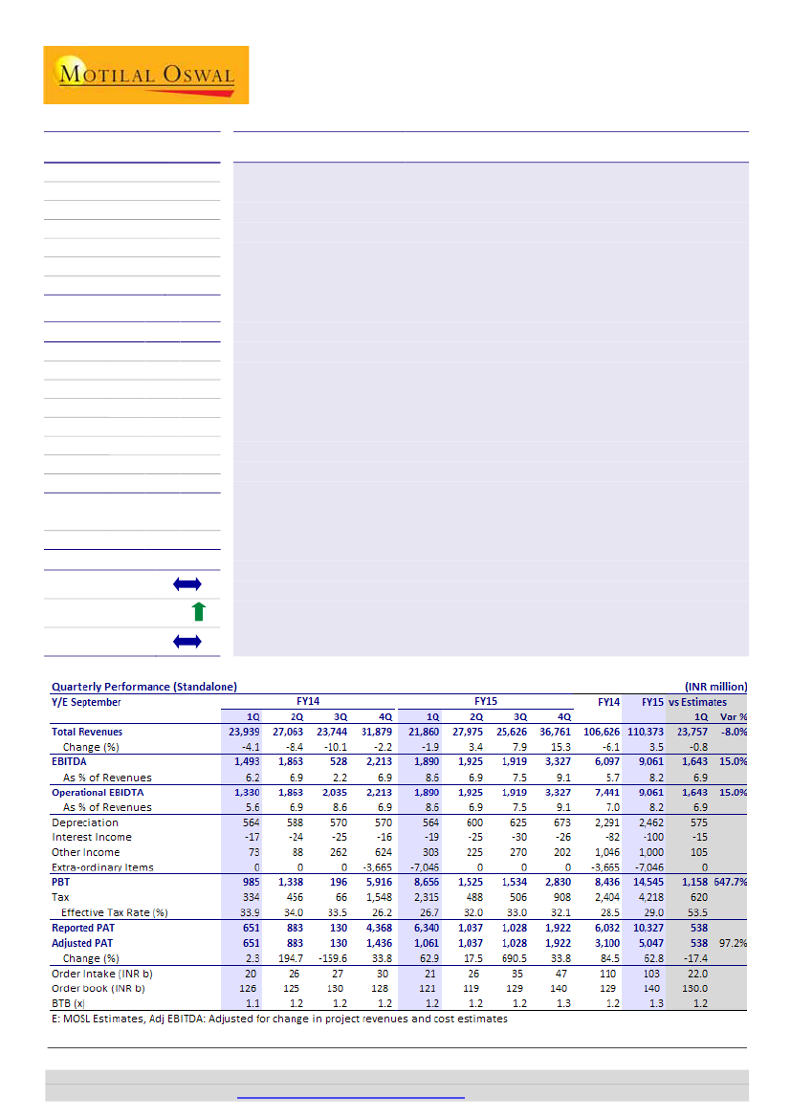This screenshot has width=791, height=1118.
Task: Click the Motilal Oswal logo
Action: tap(145, 75)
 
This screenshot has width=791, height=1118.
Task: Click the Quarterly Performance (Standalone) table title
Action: tap(144, 687)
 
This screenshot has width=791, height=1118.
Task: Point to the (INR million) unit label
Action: tap(715, 687)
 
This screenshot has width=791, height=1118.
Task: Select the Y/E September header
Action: tap(86, 702)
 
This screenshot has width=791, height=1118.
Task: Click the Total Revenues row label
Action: tap(88, 732)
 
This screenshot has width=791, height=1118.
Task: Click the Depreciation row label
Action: tap(85, 822)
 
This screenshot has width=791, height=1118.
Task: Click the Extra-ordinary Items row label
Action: tap(102, 867)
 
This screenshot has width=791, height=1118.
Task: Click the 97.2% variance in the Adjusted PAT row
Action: tap(732, 942)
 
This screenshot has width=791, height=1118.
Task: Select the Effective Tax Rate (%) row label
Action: tap(115, 912)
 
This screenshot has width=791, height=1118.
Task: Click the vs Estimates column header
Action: tap(698, 702)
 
